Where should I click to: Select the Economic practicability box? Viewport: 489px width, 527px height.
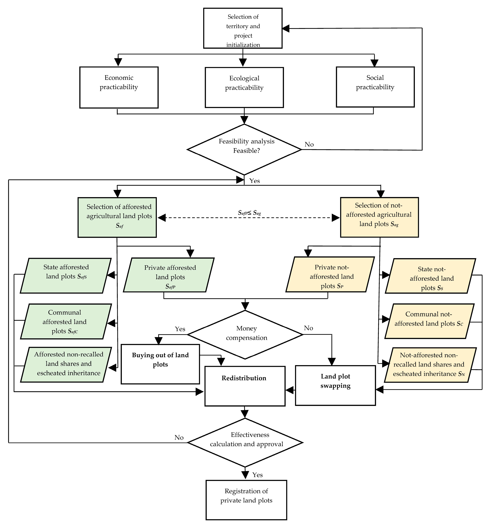pyautogui.click(x=119, y=87)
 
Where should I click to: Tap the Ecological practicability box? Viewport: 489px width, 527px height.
pyautogui.click(x=244, y=87)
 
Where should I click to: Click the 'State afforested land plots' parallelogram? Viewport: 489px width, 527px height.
pyautogui.click(x=66, y=275)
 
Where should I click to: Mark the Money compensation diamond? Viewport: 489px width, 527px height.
pyautogui.click(x=245, y=335)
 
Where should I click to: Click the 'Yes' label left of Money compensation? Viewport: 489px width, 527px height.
pyautogui.click(x=180, y=329)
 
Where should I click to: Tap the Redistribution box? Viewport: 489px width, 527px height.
pyautogui.click(x=245, y=386)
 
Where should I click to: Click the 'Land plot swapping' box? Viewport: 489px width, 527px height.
pyautogui.click(x=335, y=385)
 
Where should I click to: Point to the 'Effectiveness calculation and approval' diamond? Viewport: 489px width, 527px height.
pyautogui.click(x=245, y=442)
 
